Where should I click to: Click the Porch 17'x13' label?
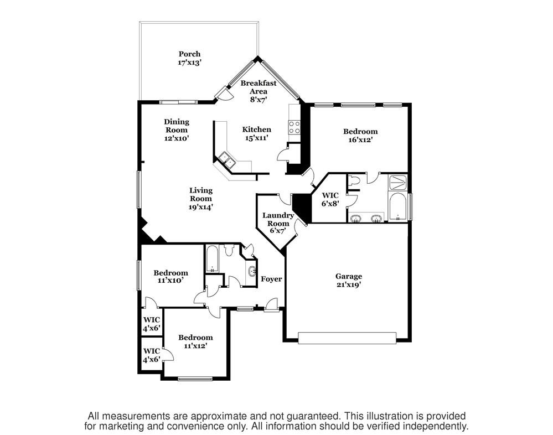click(x=189, y=58)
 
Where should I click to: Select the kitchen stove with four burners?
click(x=294, y=127)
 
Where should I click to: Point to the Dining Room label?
click(x=177, y=130)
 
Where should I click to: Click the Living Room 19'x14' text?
click(x=201, y=199)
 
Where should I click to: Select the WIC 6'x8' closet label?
click(x=330, y=199)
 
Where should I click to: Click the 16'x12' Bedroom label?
click(x=360, y=136)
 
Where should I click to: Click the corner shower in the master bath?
click(x=397, y=182)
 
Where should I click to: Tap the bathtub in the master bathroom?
click(x=397, y=208)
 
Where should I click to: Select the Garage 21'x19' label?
click(x=349, y=281)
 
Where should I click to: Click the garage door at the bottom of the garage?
click(x=347, y=338)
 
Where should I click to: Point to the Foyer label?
click(x=271, y=279)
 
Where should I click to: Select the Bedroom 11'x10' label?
click(x=170, y=277)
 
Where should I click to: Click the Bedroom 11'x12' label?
click(x=195, y=341)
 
